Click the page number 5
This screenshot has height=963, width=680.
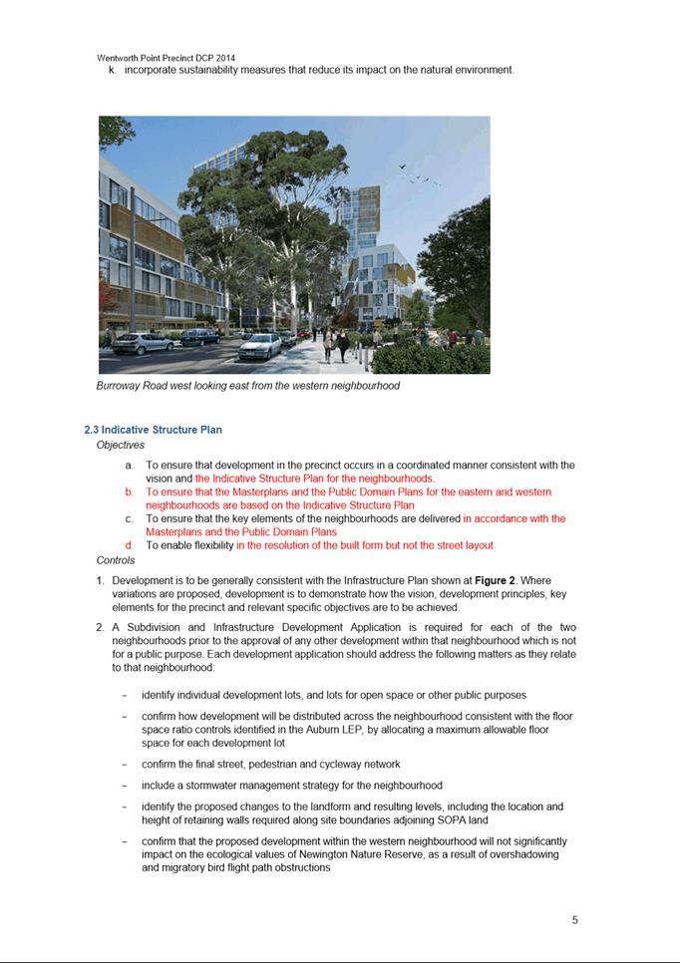pyautogui.click(x=575, y=920)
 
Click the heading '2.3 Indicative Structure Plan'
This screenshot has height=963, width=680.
pyautogui.click(x=153, y=430)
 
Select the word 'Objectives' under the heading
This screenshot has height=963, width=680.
pyautogui.click(x=120, y=445)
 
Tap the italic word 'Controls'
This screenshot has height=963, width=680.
pyautogui.click(x=116, y=560)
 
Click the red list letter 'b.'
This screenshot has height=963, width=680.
pyautogui.click(x=129, y=492)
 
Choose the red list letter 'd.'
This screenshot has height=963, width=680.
pyautogui.click(x=129, y=545)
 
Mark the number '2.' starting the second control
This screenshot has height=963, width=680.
pyautogui.click(x=101, y=627)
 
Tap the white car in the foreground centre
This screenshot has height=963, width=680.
pyautogui.click(x=261, y=346)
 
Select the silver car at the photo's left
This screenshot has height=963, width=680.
pyautogui.click(x=143, y=343)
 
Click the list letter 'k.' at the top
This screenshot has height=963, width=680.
pyautogui.click(x=112, y=70)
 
